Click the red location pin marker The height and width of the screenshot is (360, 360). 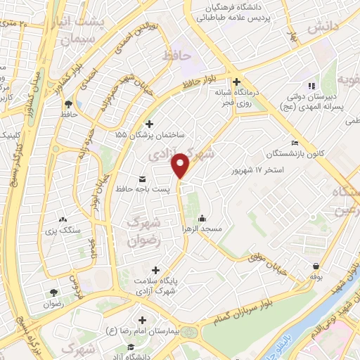[x=181, y=165]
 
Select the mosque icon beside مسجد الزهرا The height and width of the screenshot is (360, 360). [x=203, y=218]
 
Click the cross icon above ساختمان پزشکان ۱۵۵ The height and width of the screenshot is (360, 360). [x=148, y=123]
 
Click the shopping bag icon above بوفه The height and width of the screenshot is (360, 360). [x=316, y=266]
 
